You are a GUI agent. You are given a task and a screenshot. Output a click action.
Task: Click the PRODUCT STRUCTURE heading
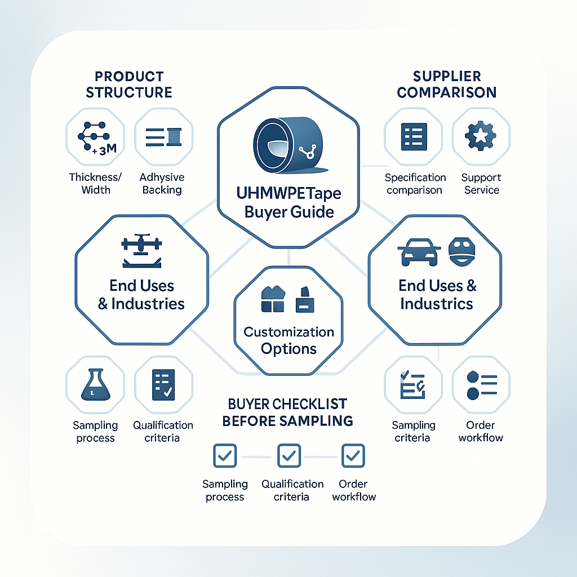129,85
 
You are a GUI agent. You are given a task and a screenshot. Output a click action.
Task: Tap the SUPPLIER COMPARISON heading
447,85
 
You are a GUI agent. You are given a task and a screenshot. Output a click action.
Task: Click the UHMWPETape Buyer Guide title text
289,202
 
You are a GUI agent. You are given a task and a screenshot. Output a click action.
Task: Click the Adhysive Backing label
162,183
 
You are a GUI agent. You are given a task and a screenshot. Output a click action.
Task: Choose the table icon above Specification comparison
414,136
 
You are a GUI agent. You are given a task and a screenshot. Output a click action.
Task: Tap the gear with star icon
481,136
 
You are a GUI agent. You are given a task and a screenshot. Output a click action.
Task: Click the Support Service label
481,184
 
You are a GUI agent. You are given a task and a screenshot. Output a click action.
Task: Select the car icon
419,252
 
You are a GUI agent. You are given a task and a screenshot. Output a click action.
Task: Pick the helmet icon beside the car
462,252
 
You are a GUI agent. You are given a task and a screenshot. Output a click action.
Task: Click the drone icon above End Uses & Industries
141,250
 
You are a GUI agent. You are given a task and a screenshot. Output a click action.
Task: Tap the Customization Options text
289,340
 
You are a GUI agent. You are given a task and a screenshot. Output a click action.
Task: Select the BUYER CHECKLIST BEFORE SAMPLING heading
287,412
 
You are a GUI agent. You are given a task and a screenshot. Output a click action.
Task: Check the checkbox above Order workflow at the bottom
353,455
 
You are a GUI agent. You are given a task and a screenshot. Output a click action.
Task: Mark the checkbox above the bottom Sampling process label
225,455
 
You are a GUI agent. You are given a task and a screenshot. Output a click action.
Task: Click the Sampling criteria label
413,431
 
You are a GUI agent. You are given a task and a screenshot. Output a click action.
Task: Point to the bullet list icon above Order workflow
482,385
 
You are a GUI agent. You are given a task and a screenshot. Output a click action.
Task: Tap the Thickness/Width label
95,183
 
